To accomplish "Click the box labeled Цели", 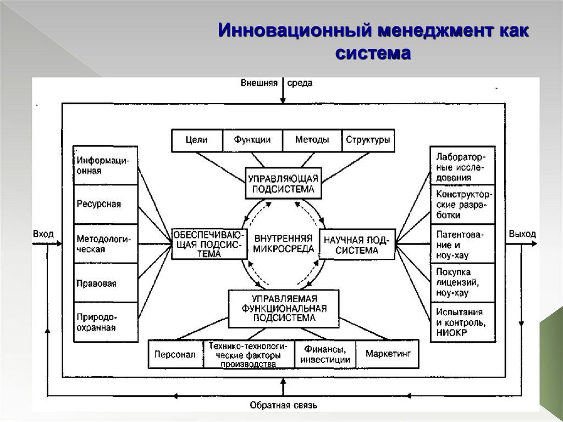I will click(x=197, y=140).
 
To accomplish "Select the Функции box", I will click(x=252, y=140).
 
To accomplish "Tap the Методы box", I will click(x=312, y=140).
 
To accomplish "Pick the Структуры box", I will click(x=368, y=140).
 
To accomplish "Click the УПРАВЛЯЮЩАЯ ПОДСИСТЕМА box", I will click(x=283, y=184).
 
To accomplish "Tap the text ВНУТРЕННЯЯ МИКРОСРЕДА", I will click(x=284, y=243).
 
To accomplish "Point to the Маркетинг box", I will click(x=388, y=354).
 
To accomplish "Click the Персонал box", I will click(x=175, y=354).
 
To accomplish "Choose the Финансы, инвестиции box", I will click(x=325, y=354).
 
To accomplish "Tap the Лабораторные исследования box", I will click(x=462, y=166).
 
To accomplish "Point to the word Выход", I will click(x=522, y=234).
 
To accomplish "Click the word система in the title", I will click(x=372, y=53).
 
